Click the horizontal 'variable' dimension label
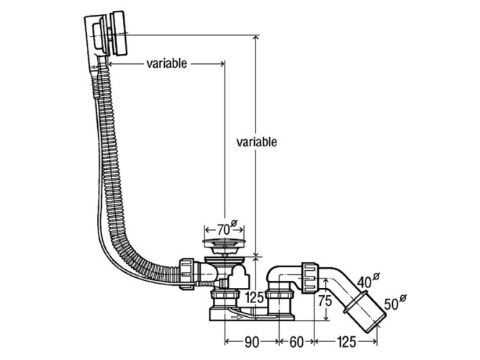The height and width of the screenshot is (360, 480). [167, 63]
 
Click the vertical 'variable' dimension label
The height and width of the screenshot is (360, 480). [257, 142]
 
